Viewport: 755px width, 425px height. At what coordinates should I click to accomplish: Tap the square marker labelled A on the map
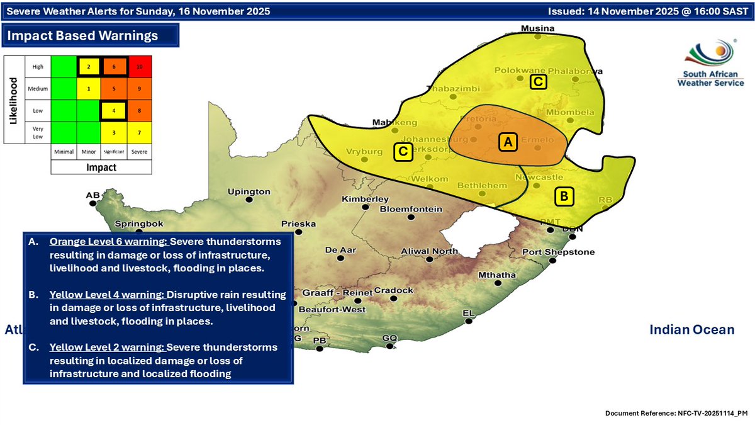[x=507, y=143]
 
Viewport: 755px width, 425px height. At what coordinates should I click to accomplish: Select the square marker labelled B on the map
[x=564, y=196]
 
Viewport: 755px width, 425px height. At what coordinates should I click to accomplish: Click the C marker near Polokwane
[x=538, y=81]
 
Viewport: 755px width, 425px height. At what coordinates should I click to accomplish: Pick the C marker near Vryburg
[x=402, y=151]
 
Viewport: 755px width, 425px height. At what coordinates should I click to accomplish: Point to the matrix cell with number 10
[x=140, y=67]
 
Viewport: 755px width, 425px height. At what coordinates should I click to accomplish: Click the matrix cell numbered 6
[x=115, y=67]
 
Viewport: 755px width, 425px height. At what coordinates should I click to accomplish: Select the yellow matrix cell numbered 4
[x=115, y=110]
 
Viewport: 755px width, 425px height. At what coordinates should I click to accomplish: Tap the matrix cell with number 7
[x=140, y=132]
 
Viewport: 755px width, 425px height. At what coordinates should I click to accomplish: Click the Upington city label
[x=249, y=191]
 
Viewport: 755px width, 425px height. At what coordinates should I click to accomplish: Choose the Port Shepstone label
[x=558, y=252]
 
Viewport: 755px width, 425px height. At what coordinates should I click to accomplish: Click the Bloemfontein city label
[x=411, y=209]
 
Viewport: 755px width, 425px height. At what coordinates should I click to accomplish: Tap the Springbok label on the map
[x=139, y=224]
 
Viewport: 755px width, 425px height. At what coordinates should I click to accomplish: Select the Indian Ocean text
[x=691, y=329]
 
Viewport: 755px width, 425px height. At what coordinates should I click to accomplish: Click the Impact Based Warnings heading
[x=82, y=36]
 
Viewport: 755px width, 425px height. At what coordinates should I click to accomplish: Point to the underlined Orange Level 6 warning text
[x=108, y=242]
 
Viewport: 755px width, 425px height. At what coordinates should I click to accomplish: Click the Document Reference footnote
[x=676, y=413]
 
